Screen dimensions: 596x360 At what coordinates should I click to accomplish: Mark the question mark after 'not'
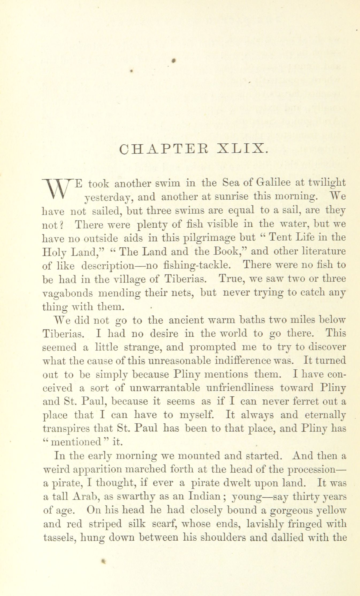[x=61, y=225]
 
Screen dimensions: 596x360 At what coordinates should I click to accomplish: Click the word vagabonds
[x=68, y=293]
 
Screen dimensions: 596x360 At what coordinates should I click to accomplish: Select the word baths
[x=253, y=320]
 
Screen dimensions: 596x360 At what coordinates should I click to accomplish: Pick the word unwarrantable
[x=158, y=388]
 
